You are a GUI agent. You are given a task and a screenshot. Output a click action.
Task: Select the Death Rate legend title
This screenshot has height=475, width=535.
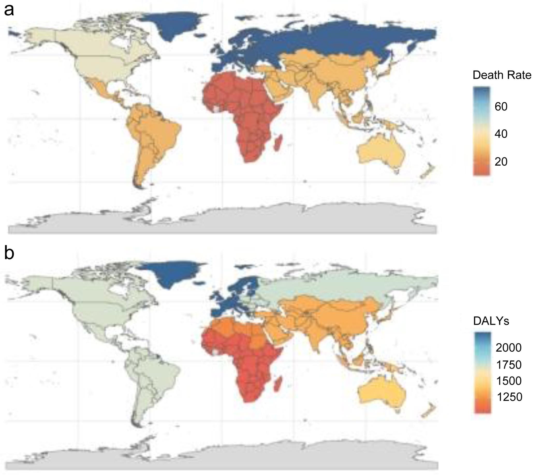(502, 75)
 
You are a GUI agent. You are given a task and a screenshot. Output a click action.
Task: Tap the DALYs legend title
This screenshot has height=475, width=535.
(491, 321)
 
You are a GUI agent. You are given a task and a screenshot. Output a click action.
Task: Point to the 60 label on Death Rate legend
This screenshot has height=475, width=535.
(501, 107)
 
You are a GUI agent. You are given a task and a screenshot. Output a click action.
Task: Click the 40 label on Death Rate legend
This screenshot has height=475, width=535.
(501, 134)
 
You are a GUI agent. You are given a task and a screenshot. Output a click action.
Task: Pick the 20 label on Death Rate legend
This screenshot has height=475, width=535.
(501, 162)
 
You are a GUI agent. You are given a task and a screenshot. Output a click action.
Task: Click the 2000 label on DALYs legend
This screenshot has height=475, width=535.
(509, 348)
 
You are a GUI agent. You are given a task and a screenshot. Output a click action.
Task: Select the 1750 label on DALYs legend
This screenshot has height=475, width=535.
(509, 365)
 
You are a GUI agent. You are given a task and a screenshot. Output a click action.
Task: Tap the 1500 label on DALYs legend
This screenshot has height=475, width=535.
(509, 381)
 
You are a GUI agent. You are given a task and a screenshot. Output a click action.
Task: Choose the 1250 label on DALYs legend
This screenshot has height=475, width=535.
(509, 397)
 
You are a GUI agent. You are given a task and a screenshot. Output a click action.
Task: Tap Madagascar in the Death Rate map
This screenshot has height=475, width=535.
(278, 143)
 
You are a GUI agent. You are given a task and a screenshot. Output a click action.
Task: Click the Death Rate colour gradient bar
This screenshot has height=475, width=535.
(481, 131)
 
